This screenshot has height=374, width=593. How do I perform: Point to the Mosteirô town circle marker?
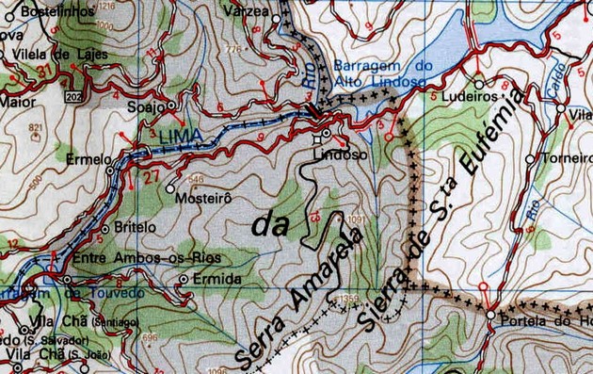pos(169,188)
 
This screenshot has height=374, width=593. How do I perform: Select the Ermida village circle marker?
pos(183,280)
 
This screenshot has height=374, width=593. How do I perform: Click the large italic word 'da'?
pos(268,225)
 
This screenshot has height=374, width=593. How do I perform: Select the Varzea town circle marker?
pos(276,18)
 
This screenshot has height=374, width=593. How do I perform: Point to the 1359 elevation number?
pos(347,301)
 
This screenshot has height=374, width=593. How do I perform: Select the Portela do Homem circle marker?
pos(491,315)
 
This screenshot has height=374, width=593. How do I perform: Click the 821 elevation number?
pos(36,127)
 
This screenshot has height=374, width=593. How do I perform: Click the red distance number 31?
pos(40,72)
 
